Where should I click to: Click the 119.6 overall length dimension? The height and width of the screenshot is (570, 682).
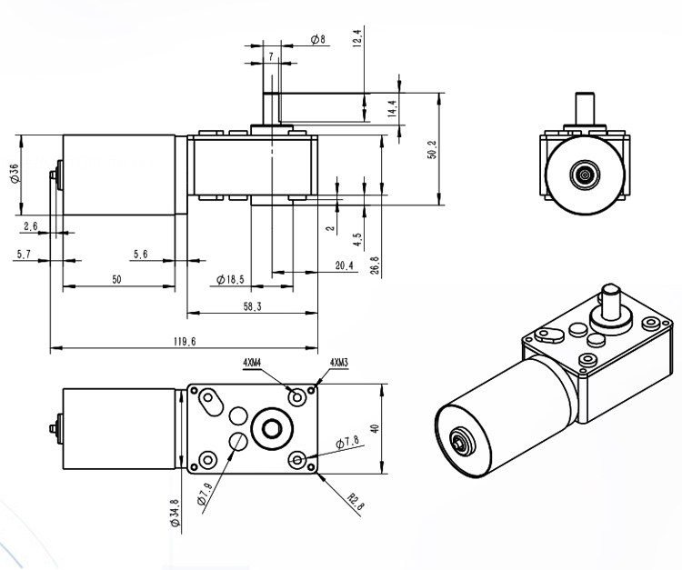pyautogui.click(x=185, y=342)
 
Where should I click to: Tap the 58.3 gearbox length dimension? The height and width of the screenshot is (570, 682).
pyautogui.click(x=252, y=307)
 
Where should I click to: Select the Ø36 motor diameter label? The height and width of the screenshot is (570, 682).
pyautogui.click(x=15, y=174)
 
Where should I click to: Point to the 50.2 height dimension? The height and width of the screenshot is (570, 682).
pyautogui.click(x=432, y=149)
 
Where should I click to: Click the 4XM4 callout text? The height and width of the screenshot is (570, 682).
pyautogui.click(x=252, y=362)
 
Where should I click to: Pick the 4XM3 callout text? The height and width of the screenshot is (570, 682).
pyautogui.click(x=339, y=362)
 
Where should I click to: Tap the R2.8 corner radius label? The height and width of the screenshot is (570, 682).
pyautogui.click(x=356, y=501)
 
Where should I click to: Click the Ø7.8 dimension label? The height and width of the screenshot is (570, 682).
pyautogui.click(x=347, y=442)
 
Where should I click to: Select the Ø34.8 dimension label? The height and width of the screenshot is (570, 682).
pyautogui.click(x=175, y=513)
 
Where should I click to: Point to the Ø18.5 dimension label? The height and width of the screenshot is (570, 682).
pyautogui.click(x=230, y=279)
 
